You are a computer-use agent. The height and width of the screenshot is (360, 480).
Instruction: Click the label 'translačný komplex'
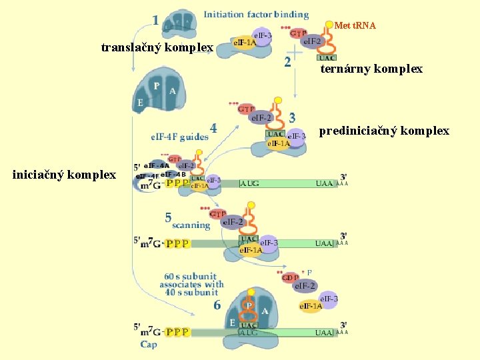pos(157,48)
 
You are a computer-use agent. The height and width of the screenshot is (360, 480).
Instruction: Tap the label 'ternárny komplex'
pos(371,69)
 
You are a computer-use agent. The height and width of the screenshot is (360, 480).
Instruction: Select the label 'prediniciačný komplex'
pos(384,131)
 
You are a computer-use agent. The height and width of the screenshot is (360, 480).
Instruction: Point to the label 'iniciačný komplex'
pos(64,175)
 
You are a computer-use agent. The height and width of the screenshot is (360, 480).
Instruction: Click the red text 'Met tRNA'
pos(355,26)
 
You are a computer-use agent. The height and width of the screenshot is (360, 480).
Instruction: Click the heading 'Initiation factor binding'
pos(256,14)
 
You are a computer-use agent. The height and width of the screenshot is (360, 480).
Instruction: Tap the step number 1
pos(155,20)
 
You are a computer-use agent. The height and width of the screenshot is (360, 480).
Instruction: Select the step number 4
pos(213,127)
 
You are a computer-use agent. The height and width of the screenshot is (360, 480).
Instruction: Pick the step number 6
pos(217,305)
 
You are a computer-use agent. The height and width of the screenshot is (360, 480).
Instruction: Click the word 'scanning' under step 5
pos(191,225)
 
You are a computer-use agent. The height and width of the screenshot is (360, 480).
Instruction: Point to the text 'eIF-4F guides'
pos(179,137)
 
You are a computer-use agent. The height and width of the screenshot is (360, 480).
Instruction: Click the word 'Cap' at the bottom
pos(149,345)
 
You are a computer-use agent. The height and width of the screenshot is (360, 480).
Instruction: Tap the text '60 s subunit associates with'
pos(191,280)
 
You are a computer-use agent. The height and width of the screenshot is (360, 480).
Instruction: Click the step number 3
pos(292,117)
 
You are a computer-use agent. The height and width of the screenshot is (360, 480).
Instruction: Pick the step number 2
pos(287,62)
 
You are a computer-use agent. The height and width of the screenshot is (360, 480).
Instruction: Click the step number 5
pos(169,217)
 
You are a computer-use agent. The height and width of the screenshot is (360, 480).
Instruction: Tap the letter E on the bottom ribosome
pos(232,322)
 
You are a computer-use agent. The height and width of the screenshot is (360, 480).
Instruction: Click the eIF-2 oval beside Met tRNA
pos(312,42)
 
